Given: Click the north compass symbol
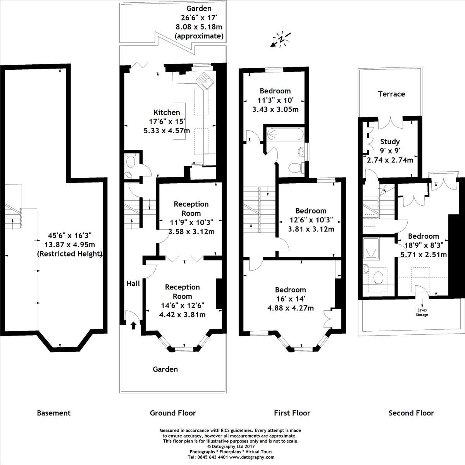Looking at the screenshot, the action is pos(281,40).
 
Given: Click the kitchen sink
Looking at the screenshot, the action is pos(205,81).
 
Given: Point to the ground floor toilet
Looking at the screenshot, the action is pos(131,160).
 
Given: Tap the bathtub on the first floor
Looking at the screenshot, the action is pos(285,133).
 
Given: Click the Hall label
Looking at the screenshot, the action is pos(133,284).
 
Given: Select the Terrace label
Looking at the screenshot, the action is pos(391,94).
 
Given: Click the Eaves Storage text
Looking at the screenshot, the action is pos(422,312).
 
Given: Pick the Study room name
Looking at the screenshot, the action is pos(390,141).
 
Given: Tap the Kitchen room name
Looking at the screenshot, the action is pos(167,112).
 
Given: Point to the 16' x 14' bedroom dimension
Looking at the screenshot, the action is pos(291,299).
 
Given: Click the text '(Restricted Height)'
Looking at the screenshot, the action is pos(70,253).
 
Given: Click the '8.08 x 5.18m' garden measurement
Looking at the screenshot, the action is pos(199,27).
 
